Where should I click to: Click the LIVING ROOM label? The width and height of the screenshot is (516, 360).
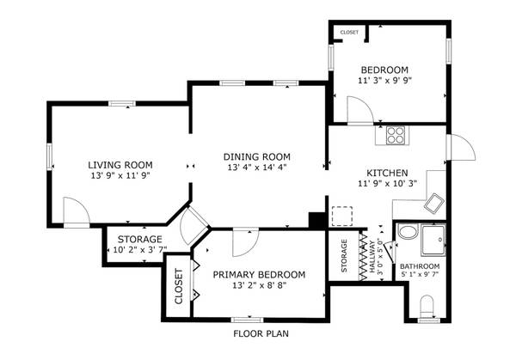[120, 164]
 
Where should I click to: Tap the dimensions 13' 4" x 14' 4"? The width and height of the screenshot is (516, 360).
[256, 168]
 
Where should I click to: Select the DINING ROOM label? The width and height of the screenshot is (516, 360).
[256, 156]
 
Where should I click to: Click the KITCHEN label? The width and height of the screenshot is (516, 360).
[382, 172]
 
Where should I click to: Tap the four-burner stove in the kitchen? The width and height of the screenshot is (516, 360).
[396, 134]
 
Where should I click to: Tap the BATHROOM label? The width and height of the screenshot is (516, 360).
[420, 266]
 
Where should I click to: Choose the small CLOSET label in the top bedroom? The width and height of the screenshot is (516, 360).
[349, 33]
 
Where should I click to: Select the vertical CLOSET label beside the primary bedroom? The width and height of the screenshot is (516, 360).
[179, 288]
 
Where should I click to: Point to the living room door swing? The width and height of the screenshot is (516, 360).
[76, 211]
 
